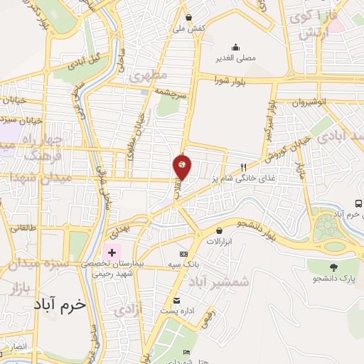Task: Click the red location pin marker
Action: coord(183,166)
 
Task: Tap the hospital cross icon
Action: coord(112,252)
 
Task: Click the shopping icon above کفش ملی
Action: coord(188,18)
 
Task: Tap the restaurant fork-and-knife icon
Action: coord(244,167)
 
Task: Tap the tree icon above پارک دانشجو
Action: coord(333,268)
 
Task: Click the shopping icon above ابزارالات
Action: coord(219,230)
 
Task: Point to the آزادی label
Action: coord(129,309)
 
